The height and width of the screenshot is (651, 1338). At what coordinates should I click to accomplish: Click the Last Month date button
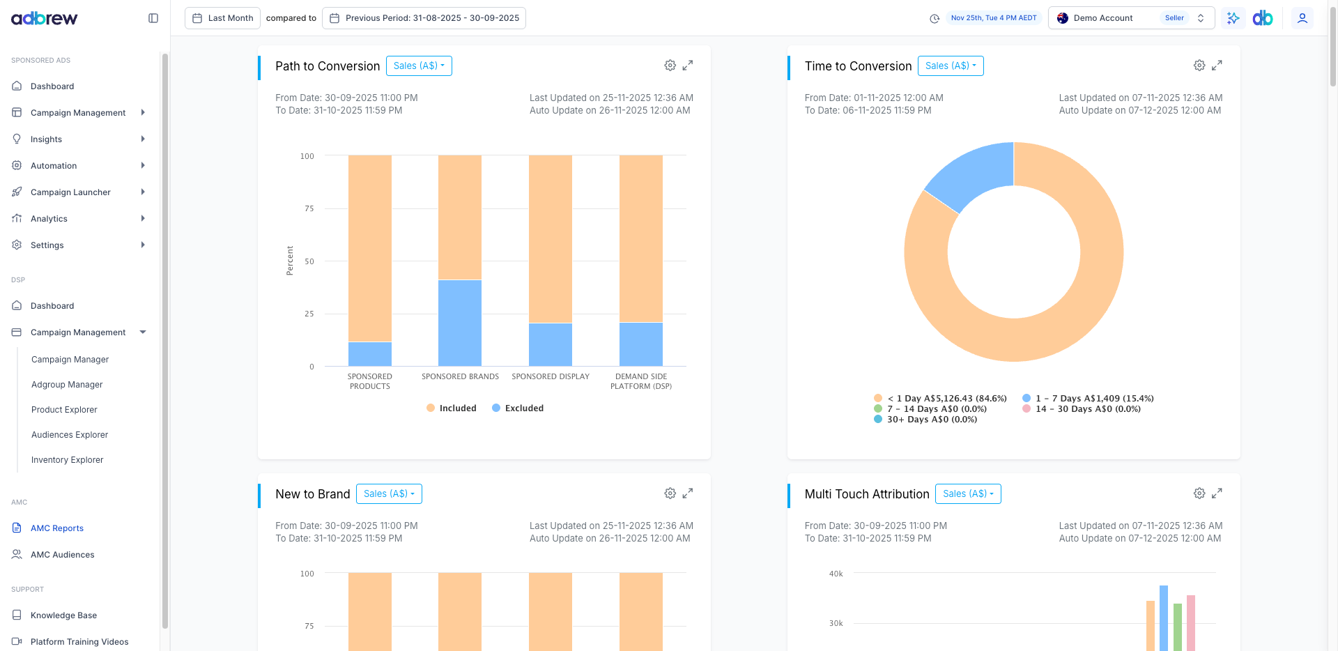coord(223,18)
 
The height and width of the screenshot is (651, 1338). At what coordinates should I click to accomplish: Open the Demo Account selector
coord(1130,18)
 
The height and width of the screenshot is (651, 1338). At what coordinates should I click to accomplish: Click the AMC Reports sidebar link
coord(56,528)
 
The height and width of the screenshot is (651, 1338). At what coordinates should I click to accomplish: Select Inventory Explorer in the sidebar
coord(67,460)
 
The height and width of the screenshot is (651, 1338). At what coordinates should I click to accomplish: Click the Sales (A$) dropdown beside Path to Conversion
coord(419,66)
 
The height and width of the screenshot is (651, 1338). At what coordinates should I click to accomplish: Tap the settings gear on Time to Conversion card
coord(1199,66)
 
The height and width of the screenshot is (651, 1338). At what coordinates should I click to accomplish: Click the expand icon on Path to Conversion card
coord(688,66)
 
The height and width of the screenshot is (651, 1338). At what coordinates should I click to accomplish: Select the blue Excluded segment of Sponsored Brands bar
coord(460,323)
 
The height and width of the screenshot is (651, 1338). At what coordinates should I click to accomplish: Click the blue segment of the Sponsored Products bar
coord(370,354)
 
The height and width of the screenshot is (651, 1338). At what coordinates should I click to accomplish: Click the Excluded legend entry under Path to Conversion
coord(518,408)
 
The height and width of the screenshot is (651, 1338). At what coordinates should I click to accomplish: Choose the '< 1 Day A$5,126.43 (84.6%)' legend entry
coord(941,399)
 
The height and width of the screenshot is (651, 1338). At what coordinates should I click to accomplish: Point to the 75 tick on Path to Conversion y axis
coord(309,208)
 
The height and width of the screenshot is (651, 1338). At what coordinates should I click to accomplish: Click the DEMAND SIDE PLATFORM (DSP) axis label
coord(641,381)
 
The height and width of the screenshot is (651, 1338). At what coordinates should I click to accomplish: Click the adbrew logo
coord(45,18)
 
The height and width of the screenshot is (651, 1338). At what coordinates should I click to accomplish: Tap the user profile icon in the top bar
coord(1302,18)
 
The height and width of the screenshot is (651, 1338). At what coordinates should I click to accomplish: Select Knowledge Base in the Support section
coord(63,615)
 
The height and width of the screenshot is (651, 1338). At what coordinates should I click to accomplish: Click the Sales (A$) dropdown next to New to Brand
coord(389,494)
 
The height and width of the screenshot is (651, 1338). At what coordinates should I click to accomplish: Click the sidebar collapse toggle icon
coord(153,18)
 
